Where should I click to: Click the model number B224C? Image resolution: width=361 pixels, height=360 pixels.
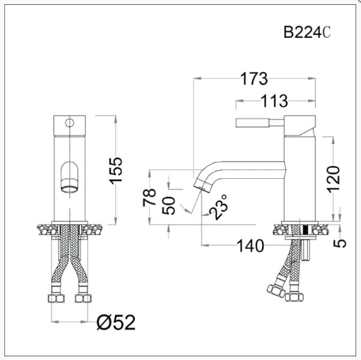point(307,32)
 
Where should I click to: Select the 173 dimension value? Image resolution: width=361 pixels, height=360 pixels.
point(254,78)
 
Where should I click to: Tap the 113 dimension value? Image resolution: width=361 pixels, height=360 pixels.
point(274,101)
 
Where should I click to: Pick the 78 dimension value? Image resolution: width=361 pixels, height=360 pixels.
point(150,197)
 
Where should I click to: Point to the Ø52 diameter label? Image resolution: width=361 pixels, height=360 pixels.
point(116,322)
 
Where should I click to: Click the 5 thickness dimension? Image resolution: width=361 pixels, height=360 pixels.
point(340,243)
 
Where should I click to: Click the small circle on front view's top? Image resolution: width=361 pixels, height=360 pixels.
point(70,124)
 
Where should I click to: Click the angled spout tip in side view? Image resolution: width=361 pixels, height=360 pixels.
point(202,184)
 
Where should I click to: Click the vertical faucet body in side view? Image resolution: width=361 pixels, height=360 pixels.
point(299,174)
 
